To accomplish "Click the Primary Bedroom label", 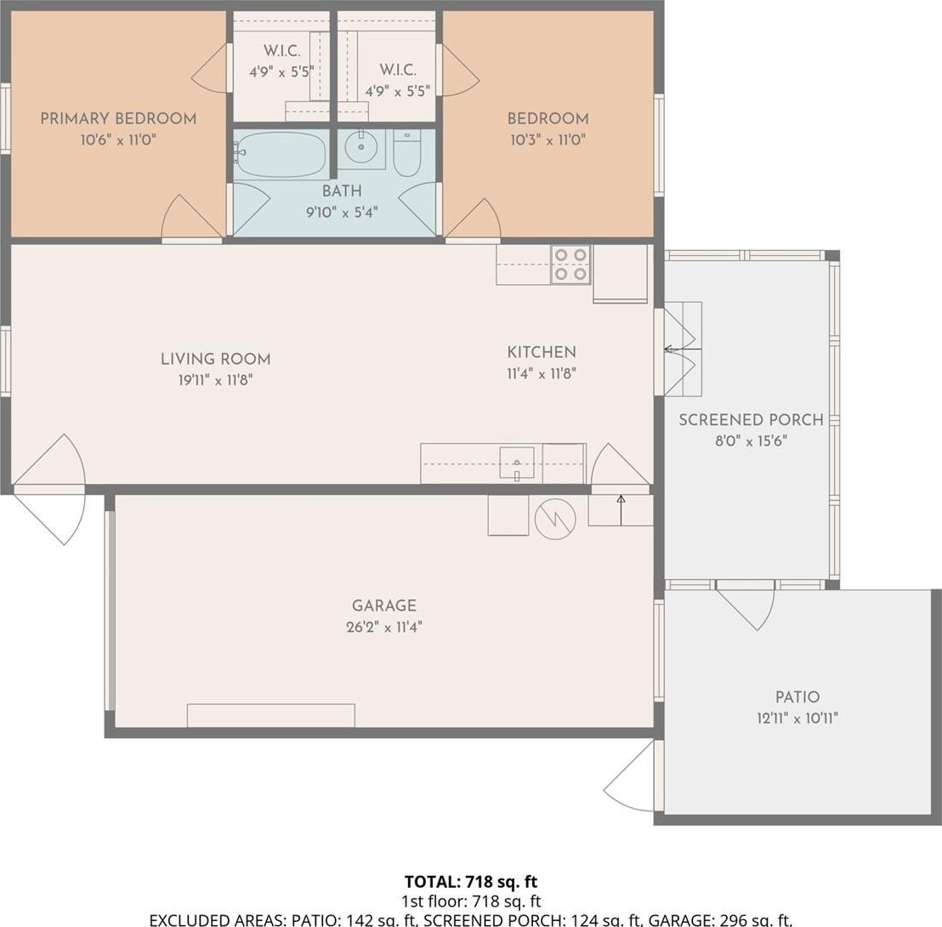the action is coord(118,118).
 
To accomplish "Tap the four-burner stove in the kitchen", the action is coord(570,264).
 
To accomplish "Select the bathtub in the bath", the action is coord(281,155).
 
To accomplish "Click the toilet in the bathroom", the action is coord(407,154).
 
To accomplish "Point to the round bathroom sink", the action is coord(361,146).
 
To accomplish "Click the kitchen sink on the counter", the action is coord(517,463).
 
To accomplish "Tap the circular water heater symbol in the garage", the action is coord(555,518).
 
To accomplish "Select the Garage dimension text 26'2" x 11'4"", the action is coord(384,627).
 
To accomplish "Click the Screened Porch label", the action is coord(751,420).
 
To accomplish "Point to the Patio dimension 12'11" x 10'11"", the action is coord(797,718).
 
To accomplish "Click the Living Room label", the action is coord(216,359).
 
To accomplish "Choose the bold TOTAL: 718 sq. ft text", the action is coord(471,882).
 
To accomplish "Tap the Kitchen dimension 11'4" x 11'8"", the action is coord(542,373).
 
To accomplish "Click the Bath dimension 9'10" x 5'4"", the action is coord(342,212).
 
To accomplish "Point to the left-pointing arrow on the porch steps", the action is coord(683,349).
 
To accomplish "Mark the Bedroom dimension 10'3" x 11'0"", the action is coord(548,140).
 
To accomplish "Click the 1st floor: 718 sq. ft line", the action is coord(471,901).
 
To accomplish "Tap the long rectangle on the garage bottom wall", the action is coord(271,715).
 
